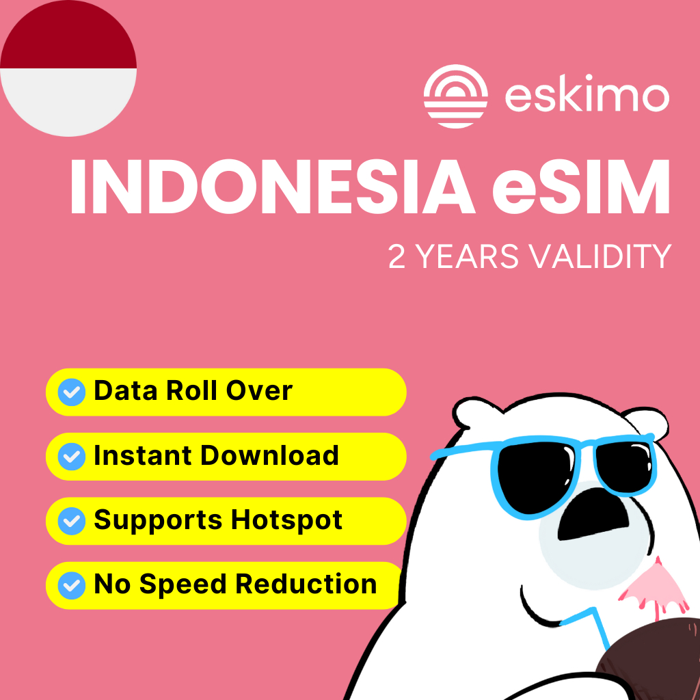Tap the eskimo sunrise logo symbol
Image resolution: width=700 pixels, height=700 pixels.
(x=455, y=96)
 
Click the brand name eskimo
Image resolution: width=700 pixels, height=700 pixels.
(x=587, y=96)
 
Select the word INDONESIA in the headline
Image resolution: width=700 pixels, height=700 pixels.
(x=269, y=186)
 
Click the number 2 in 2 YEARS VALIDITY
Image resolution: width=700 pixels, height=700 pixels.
(x=396, y=256)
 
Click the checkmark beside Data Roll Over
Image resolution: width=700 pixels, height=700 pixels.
(x=72, y=392)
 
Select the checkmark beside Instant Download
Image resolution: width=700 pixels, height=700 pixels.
(x=72, y=457)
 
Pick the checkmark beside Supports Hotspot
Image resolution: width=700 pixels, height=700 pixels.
(x=72, y=522)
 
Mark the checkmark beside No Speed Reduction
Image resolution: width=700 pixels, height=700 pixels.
(x=72, y=586)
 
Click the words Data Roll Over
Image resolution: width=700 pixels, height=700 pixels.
(x=193, y=391)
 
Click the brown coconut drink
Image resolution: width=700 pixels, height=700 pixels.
(x=649, y=667)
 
